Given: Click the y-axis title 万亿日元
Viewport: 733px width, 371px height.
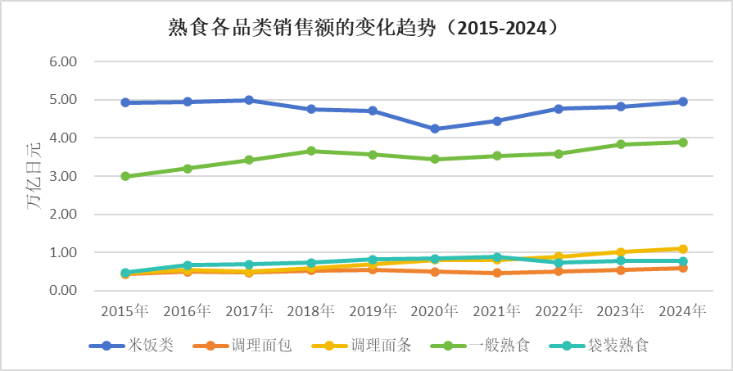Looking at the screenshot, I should pyautogui.click(x=33, y=175).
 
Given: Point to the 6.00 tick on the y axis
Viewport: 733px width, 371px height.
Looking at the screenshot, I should pyautogui.click(x=62, y=62).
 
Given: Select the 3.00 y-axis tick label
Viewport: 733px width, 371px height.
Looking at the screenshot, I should pyautogui.click(x=62, y=176).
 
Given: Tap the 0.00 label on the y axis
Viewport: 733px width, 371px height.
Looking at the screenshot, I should pyautogui.click(x=62, y=291).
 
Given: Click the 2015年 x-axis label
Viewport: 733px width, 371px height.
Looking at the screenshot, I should pyautogui.click(x=125, y=311).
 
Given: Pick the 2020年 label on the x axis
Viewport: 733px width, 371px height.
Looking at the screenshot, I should pyautogui.click(x=435, y=311).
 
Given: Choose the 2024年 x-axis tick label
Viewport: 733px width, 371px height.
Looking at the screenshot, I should pyautogui.click(x=682, y=311).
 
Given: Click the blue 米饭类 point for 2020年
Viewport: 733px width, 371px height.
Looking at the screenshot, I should pyautogui.click(x=435, y=129).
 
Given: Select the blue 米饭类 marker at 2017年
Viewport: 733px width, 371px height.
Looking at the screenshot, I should pyautogui.click(x=249, y=100).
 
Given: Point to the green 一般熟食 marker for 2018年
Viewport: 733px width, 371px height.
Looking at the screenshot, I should pyautogui.click(x=311, y=151).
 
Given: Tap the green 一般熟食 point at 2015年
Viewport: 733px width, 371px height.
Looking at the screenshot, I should pyautogui.click(x=125, y=176).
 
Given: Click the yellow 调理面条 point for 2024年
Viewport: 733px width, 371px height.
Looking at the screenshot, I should pyautogui.click(x=682, y=249).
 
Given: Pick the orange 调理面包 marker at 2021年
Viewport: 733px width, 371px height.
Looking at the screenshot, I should pyautogui.click(x=497, y=273).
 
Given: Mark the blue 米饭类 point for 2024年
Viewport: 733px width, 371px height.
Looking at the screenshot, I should pyautogui.click(x=682, y=102).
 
